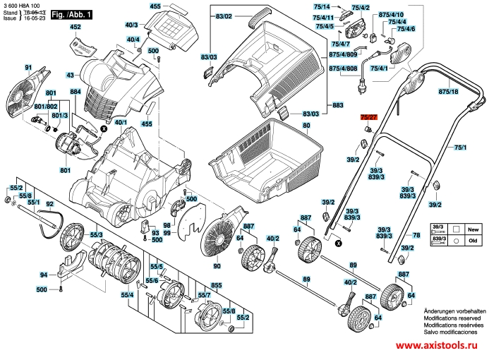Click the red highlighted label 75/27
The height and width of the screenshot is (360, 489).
(368, 116)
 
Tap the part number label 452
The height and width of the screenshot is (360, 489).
(76, 27)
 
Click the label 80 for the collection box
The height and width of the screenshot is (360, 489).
(306, 126)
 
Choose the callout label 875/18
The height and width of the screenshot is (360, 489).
(447, 92)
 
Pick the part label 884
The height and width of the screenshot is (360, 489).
(76, 92)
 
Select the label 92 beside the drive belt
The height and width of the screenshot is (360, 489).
(49, 205)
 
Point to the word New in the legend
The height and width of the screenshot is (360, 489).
(474, 230)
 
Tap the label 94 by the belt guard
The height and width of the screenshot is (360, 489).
(44, 275)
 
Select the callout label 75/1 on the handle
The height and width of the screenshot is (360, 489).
(460, 147)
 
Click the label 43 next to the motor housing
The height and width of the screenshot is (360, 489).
(71, 75)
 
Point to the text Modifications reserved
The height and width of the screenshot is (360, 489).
(454, 318)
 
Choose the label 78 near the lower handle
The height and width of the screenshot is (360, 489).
(416, 234)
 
